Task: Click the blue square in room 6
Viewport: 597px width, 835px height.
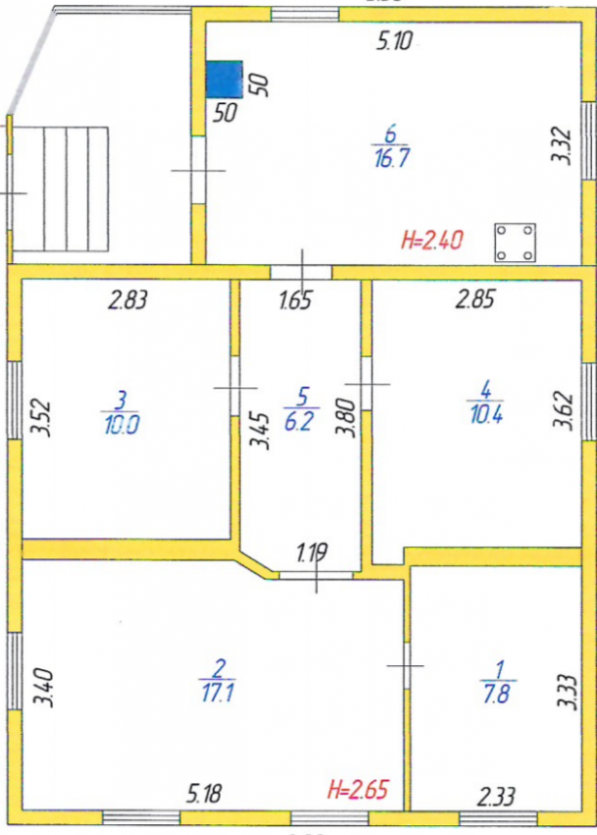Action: click(x=224, y=79)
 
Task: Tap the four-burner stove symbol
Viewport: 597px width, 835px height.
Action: click(x=515, y=242)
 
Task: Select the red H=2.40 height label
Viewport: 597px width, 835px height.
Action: click(x=432, y=238)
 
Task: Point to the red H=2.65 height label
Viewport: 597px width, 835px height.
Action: click(x=357, y=788)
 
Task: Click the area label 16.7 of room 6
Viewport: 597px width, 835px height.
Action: click(x=391, y=159)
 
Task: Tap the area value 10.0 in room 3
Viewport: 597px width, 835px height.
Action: click(x=120, y=424)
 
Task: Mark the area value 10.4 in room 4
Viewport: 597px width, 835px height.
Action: click(x=486, y=415)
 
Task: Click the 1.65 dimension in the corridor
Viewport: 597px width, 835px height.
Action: click(x=295, y=302)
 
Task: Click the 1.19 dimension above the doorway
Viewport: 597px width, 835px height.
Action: click(x=314, y=556)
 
